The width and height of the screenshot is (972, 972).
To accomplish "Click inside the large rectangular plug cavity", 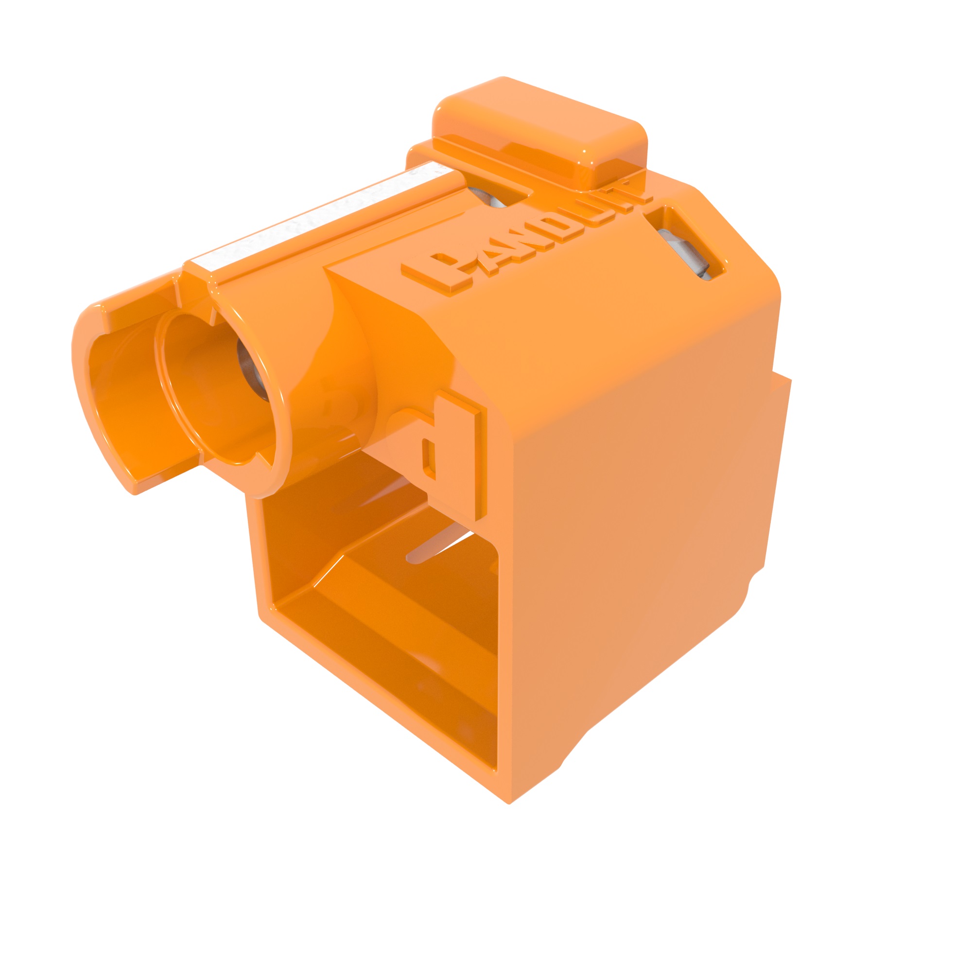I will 382,629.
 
